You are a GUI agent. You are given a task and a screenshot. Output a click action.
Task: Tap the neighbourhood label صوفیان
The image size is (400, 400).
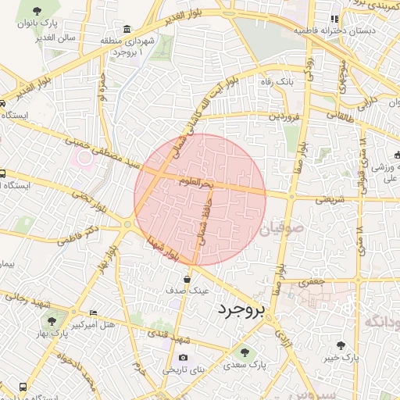[x=280, y=230]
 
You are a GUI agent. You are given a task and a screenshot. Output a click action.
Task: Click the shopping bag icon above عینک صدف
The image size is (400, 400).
[x=187, y=278]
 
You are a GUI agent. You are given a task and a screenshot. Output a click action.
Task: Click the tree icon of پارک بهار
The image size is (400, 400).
[x=52, y=321]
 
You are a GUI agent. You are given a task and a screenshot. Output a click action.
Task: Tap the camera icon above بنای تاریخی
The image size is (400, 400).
[x=184, y=358]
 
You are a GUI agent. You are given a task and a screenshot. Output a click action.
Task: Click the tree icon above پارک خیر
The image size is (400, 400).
[x=341, y=345]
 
